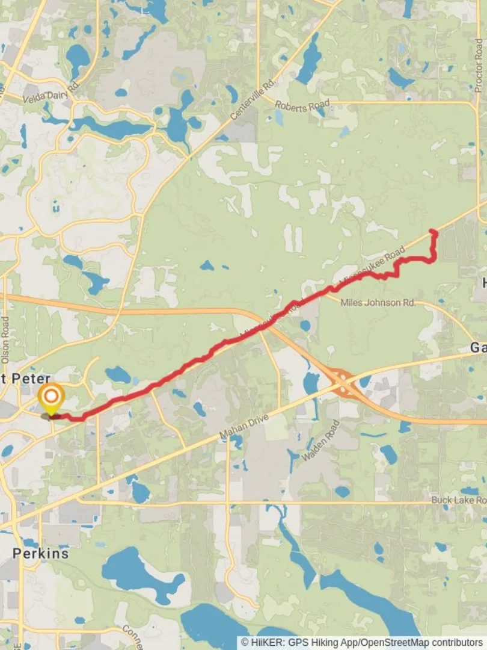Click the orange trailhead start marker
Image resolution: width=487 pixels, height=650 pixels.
click(52, 397)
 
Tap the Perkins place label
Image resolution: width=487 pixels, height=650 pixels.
click(41, 553)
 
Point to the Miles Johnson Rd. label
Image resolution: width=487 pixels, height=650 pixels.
click(378, 303)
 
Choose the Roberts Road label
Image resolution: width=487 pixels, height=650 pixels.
click(302, 107)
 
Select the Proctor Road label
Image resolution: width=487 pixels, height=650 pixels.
click(478, 66)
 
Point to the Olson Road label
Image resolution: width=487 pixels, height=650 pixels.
click(5, 340)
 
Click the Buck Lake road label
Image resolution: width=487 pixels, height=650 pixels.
click(459, 500)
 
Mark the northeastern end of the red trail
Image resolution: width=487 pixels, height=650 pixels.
click(433, 231)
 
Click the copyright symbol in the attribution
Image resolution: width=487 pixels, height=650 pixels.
click(245, 643)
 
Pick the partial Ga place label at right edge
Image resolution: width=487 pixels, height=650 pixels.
click(478, 348)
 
